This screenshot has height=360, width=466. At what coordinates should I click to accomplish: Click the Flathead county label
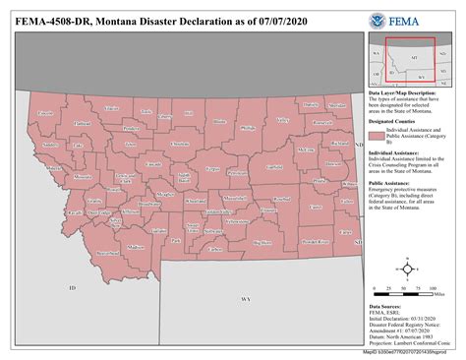83,123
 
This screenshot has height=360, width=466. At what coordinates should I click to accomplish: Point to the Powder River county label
317,239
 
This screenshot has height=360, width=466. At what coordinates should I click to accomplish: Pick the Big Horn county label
262,241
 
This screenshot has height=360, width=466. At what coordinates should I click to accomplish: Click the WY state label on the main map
246,296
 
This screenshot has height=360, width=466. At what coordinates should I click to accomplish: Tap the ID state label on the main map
72,286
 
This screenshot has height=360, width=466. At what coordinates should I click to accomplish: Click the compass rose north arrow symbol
407,267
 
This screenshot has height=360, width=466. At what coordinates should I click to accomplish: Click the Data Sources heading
385,305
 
